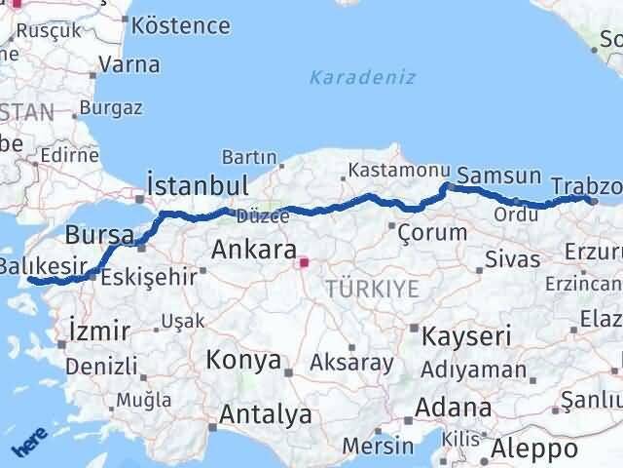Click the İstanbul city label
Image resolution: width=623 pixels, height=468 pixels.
tap(197, 185)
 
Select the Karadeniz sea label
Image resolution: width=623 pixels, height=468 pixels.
tap(362, 77)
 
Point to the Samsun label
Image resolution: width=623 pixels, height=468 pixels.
tap(498, 175)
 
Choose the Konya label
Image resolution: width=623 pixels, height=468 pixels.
tap(242, 360)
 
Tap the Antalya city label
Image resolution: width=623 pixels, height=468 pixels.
tap(266, 414)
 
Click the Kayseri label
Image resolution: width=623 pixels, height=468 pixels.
tap(467, 337)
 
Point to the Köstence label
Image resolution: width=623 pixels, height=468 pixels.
tap(181, 24)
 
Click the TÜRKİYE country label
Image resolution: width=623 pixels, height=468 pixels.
tap(373, 289)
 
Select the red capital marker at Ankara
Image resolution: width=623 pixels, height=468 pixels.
tap(304, 261)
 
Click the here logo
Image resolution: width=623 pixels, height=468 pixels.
tap(29, 446)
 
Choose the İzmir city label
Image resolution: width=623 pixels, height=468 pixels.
tap(99, 332)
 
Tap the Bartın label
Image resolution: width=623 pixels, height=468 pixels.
tap(249, 157)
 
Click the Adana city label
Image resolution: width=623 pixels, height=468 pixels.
tap(455, 407)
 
